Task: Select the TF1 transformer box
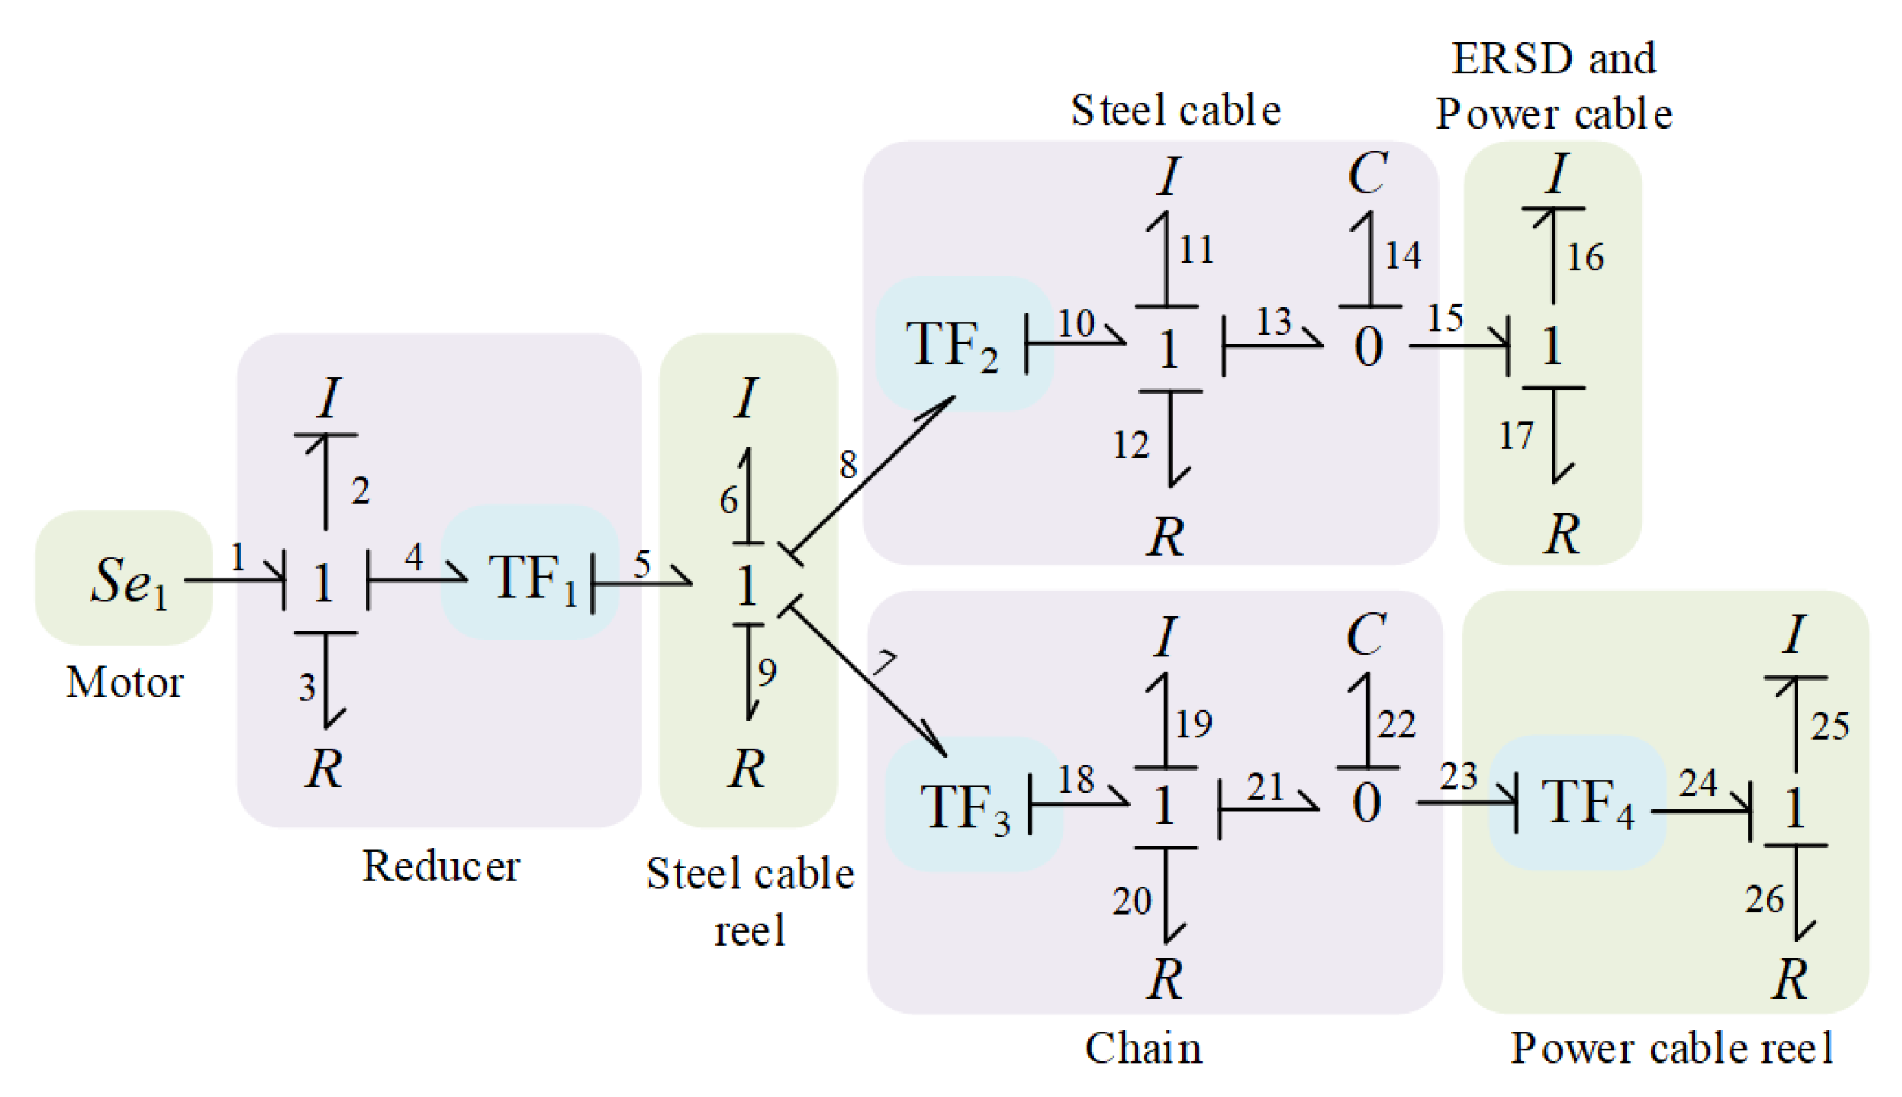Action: [x=532, y=577]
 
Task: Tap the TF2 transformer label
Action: [x=951, y=346]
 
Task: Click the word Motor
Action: [x=124, y=683]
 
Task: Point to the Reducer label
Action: [x=440, y=866]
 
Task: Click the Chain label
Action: [x=1143, y=1049]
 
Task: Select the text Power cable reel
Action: [x=1671, y=1049]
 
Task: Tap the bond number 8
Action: [x=848, y=465]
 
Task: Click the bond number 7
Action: [x=883, y=663]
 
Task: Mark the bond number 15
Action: [x=1444, y=318]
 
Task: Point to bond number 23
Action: [x=1458, y=777]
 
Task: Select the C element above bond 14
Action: [x=1367, y=173]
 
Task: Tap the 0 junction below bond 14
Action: [x=1368, y=347]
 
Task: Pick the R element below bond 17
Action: [x=1561, y=534]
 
